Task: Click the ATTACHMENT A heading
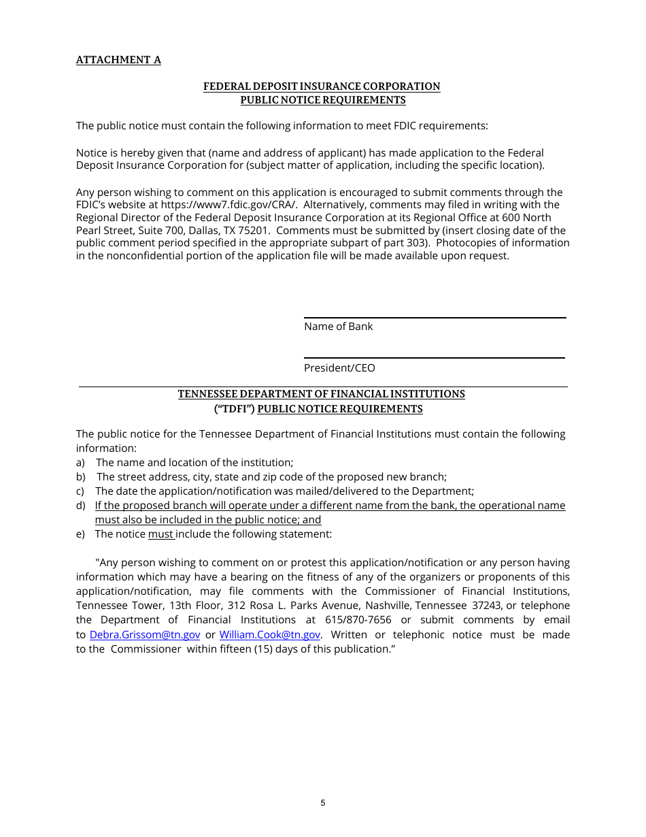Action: click(x=118, y=60)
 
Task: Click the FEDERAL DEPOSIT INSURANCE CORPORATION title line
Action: click(x=322, y=86)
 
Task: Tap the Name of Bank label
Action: click(x=338, y=327)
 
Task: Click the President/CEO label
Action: click(x=339, y=368)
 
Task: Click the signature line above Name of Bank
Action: click(x=435, y=318)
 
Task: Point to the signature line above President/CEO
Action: click(x=434, y=358)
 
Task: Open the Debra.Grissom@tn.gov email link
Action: click(x=145, y=635)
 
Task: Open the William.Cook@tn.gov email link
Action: click(x=270, y=635)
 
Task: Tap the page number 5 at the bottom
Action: click(x=323, y=803)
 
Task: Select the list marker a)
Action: click(x=80, y=463)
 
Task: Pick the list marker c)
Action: click(x=80, y=491)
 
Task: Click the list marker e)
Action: click(x=80, y=534)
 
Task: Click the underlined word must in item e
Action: click(x=161, y=534)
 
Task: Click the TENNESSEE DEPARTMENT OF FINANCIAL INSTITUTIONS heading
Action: click(x=322, y=394)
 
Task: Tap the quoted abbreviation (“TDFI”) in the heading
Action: click(x=235, y=409)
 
